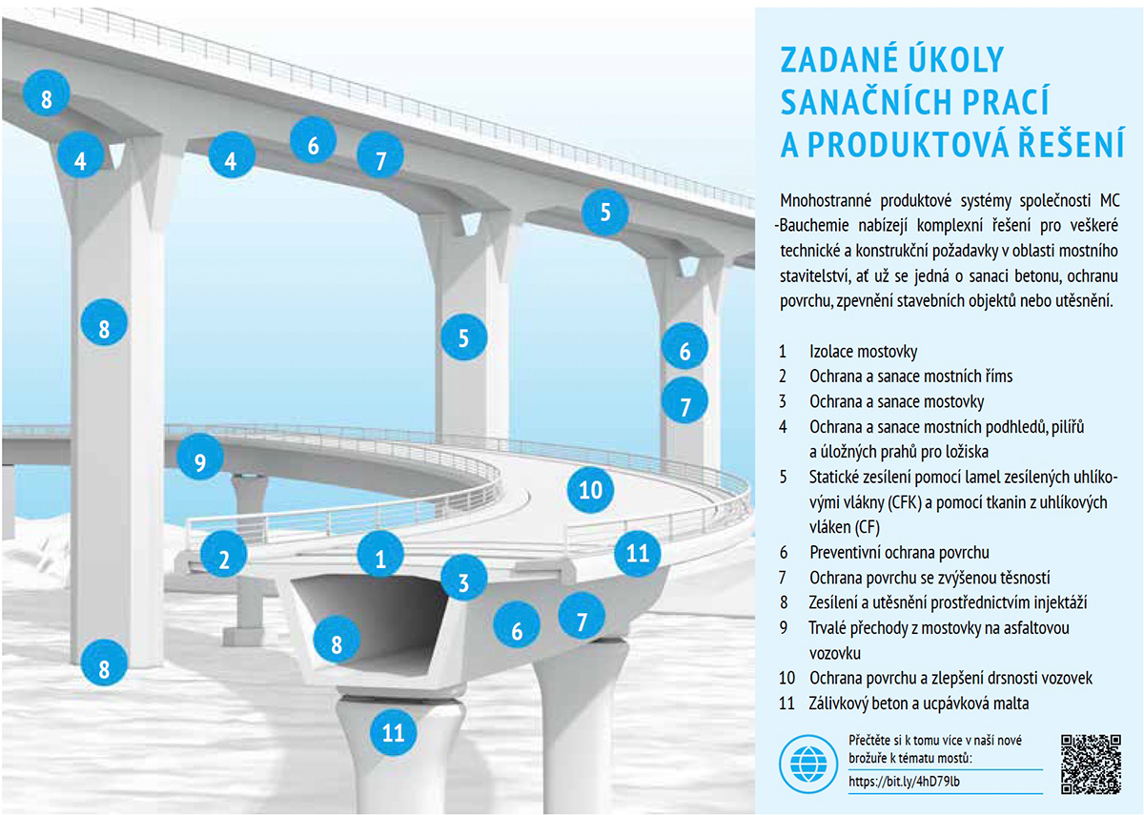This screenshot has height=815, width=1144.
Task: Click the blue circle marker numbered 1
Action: (380, 554)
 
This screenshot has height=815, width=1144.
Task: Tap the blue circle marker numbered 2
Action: (224, 554)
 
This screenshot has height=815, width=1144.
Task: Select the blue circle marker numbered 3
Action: (463, 578)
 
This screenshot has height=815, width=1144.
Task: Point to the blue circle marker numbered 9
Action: (200, 457)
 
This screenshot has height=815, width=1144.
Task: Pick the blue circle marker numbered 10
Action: (590, 490)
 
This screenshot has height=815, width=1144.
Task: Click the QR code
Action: (1091, 764)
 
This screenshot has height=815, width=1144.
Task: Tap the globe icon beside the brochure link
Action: (808, 764)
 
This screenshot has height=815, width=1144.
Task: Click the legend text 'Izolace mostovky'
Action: (863, 352)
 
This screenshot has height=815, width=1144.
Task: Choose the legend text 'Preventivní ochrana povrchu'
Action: (899, 552)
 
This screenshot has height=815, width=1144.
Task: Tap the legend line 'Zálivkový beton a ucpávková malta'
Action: (919, 703)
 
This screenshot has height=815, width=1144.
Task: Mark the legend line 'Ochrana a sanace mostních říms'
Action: (911, 377)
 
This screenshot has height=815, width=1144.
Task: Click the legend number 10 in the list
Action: (787, 678)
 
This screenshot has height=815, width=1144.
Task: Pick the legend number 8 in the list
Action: (784, 602)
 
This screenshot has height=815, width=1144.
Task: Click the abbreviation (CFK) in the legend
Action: (905, 503)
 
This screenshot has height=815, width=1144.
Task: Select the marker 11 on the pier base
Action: (393, 732)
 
